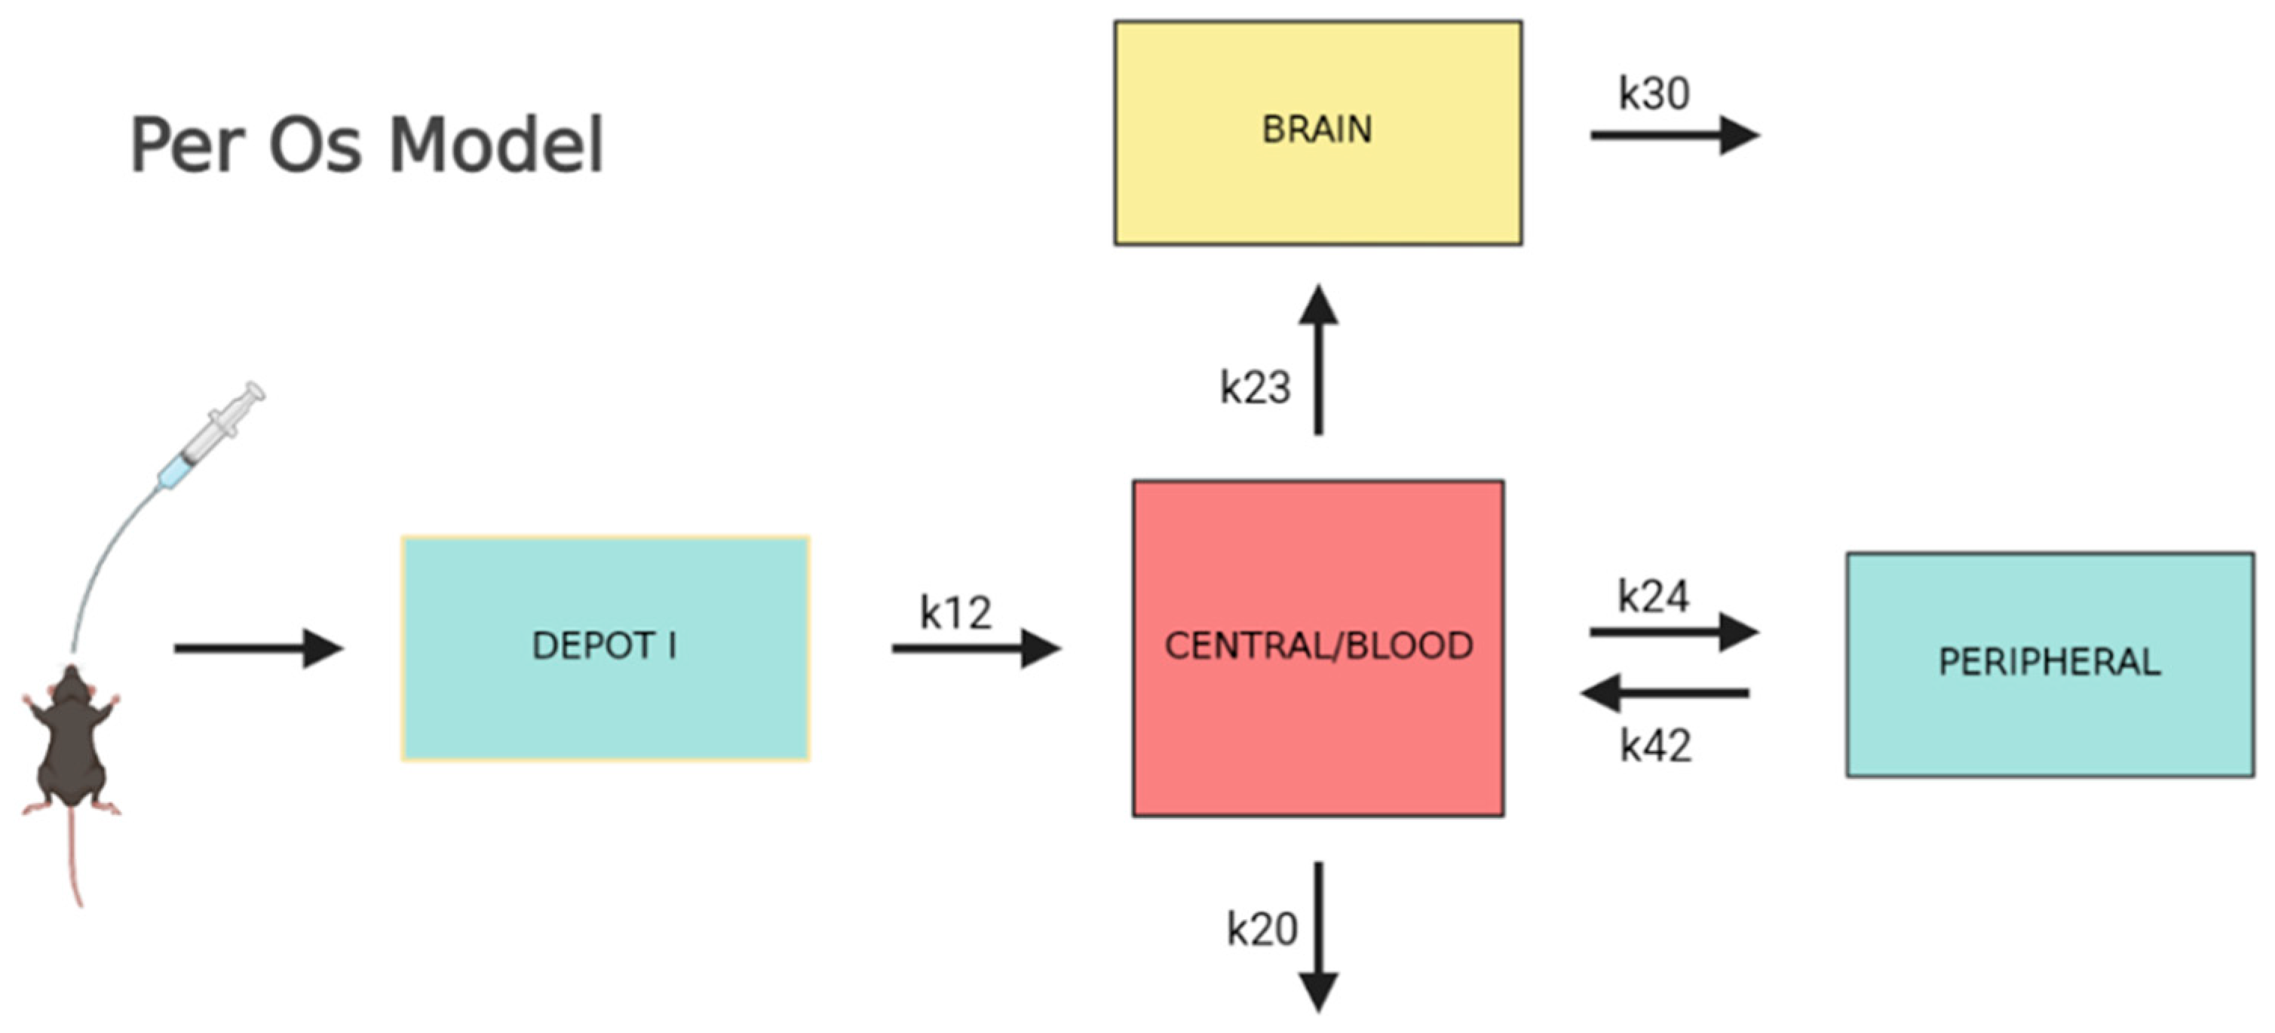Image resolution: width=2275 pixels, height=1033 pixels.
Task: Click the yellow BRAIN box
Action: pos(1317,133)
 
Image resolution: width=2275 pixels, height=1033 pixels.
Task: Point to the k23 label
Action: pos(1255,387)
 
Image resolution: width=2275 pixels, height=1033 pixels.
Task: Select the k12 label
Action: pos(955,612)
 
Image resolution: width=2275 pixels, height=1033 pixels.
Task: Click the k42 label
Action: pos(1655,746)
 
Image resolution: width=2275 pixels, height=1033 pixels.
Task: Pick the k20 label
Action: pos(1261,929)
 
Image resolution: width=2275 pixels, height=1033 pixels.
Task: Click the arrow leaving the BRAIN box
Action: pos(1673,135)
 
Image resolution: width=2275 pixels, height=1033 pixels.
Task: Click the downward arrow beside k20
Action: pos(1319,936)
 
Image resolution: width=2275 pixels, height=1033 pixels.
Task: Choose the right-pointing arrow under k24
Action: pos(1673,631)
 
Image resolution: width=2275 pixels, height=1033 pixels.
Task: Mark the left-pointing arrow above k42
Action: pos(1665,693)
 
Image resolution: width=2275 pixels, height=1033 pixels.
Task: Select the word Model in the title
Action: pos(496,144)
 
